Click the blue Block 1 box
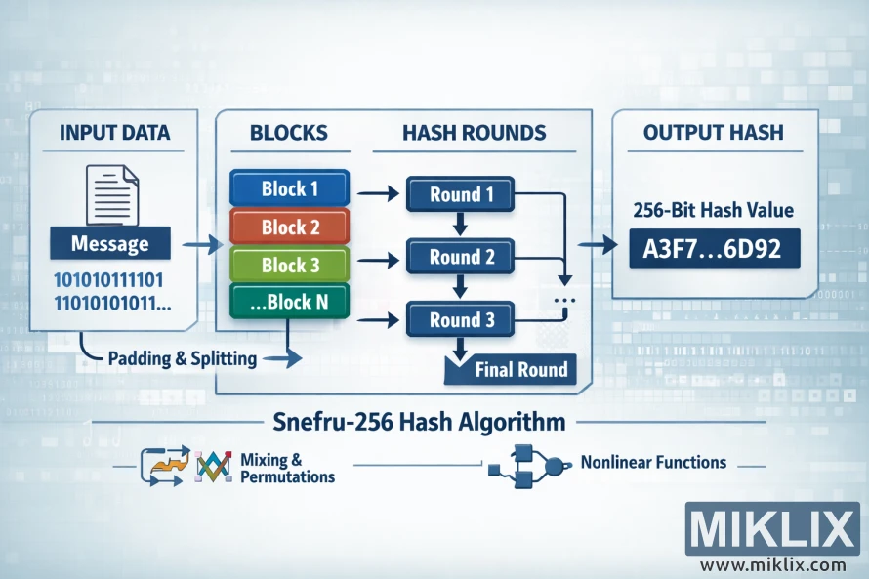click(x=290, y=188)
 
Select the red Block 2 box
click(x=290, y=227)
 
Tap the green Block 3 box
click(x=290, y=266)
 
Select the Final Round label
click(x=518, y=370)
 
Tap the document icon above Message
click(x=110, y=195)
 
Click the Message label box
click(x=110, y=243)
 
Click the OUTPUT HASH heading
click(x=713, y=133)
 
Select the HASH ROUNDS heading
click(x=474, y=133)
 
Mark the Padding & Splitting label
click(x=182, y=358)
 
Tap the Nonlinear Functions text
click(x=652, y=462)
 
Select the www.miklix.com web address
click(x=772, y=564)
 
